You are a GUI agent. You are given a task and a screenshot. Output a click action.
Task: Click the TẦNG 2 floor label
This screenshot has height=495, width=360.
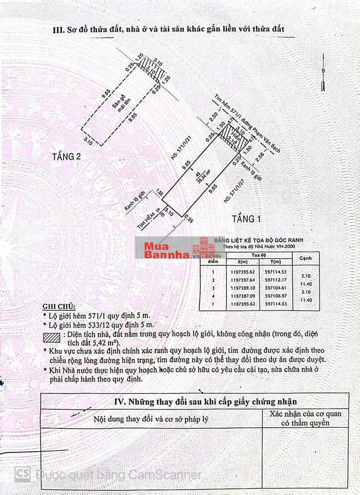(66, 157)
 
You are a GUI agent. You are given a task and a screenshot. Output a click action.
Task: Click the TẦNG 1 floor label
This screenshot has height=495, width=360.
(246, 219)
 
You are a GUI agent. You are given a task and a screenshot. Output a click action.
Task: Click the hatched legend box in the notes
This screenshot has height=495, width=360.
(51, 337)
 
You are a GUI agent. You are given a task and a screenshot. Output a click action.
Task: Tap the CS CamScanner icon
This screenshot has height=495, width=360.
(22, 474)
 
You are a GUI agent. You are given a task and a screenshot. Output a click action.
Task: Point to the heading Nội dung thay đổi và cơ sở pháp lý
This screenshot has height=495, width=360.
(151, 419)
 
